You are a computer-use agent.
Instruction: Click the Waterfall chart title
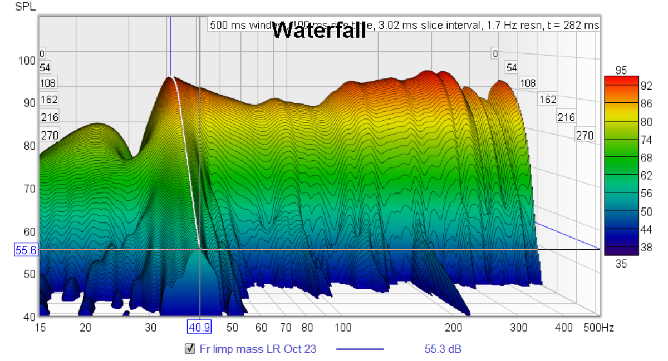pyautogui.click(x=319, y=30)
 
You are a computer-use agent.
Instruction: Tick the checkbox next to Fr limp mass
pyautogui.click(x=190, y=349)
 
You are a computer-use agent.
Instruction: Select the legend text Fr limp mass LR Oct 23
pyautogui.click(x=258, y=349)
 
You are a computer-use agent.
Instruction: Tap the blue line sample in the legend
pyautogui.click(x=360, y=349)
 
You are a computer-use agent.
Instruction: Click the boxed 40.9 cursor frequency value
pyautogui.click(x=199, y=328)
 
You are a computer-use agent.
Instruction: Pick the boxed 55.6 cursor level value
pyautogui.click(x=26, y=251)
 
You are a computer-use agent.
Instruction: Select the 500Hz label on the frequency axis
pyautogui.click(x=598, y=328)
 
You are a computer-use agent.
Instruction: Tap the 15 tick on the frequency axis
pyautogui.click(x=40, y=328)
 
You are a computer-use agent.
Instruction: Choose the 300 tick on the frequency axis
pyautogui.click(x=518, y=328)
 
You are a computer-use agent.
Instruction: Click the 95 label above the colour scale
pyautogui.click(x=621, y=70)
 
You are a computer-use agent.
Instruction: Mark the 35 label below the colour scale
pyautogui.click(x=621, y=264)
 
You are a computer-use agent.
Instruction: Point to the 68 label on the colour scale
pyautogui.click(x=645, y=157)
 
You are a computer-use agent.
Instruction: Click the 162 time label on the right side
pyautogui.click(x=548, y=100)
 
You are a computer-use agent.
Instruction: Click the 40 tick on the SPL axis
pyautogui.click(x=26, y=317)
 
